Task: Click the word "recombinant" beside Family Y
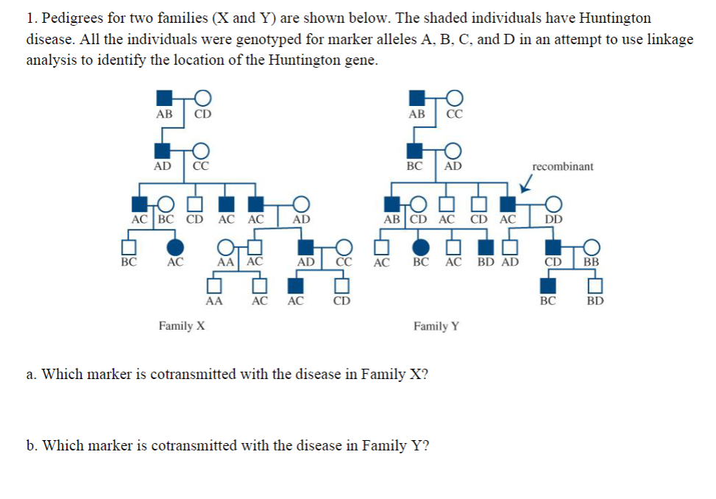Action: (x=563, y=166)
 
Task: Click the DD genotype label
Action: (x=553, y=219)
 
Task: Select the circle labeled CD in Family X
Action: (x=203, y=97)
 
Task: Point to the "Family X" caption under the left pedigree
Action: (x=182, y=325)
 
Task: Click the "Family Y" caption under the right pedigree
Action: (x=436, y=325)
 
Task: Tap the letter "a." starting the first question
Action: (x=32, y=374)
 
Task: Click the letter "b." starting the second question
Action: (x=32, y=446)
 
